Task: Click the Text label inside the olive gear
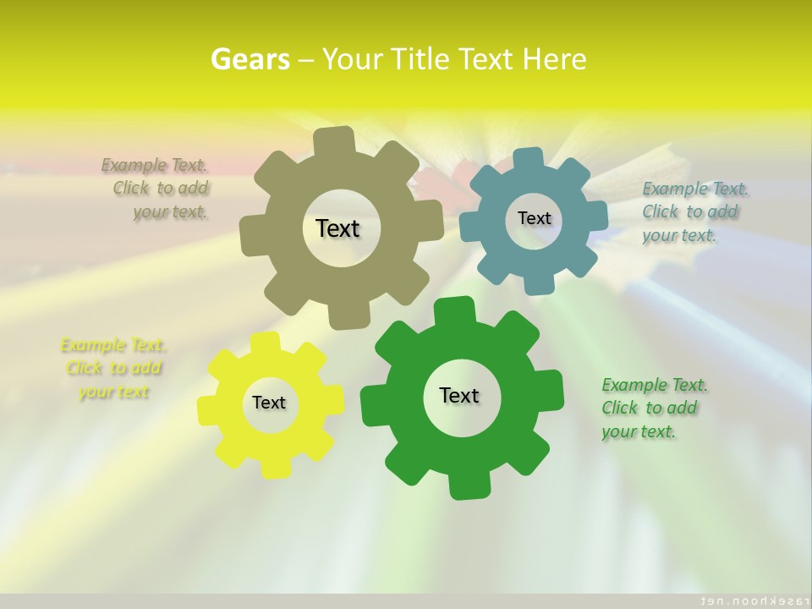tap(337, 228)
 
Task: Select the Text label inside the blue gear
tap(534, 218)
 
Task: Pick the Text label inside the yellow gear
tap(269, 403)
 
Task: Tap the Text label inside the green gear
tap(459, 395)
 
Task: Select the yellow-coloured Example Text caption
tap(113, 368)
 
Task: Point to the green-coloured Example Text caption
tap(654, 408)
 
